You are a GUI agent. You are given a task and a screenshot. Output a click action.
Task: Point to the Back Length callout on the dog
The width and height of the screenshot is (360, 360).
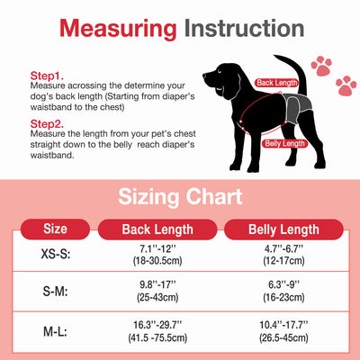click(x=277, y=82)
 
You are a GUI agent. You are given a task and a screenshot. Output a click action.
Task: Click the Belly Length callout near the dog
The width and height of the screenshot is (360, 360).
click(x=283, y=143)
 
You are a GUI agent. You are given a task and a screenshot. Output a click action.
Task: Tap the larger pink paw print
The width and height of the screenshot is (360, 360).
click(x=321, y=64)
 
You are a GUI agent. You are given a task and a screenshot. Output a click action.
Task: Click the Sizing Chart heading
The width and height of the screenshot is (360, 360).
click(x=179, y=196)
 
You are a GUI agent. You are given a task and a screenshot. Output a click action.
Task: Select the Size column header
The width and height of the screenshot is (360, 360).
click(x=55, y=229)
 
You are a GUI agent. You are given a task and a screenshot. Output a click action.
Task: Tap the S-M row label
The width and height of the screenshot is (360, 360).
click(x=55, y=292)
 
